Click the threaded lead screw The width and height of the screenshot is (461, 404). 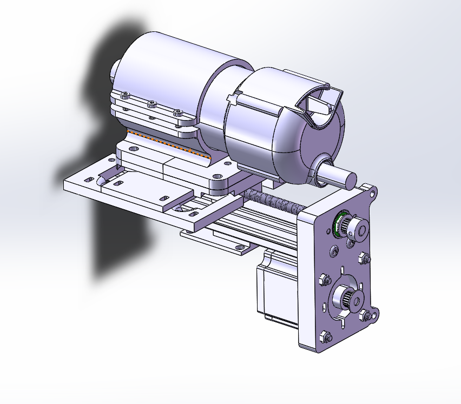click(271, 201)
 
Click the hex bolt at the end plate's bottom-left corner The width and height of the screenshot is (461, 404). click(325, 336)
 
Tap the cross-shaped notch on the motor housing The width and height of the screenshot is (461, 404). click(233, 99)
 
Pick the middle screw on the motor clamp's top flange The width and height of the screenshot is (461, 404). click(152, 103)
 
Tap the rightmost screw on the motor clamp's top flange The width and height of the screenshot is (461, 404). click(176, 112)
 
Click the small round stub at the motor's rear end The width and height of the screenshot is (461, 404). click(115, 70)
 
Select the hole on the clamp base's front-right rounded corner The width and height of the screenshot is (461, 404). click(216, 176)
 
